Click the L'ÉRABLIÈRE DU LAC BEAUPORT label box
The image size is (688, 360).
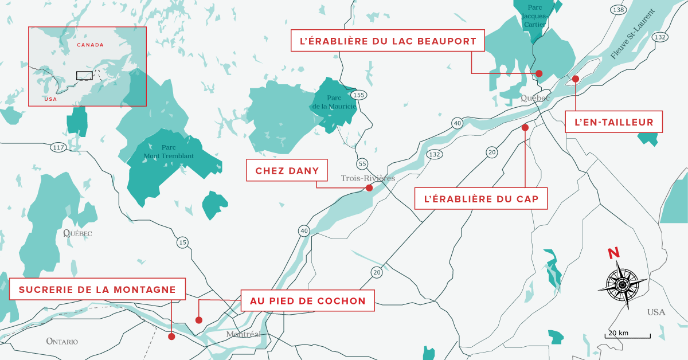pos(388,41)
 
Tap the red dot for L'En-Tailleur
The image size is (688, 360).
pos(576,79)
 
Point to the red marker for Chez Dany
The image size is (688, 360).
pos(369,188)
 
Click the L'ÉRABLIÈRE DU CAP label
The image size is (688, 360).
pos(480,199)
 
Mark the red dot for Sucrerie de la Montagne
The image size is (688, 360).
pos(171,336)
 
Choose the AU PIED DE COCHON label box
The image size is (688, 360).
pos(307,300)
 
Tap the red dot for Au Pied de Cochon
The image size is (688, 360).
pos(199,320)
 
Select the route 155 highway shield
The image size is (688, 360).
pos(359,95)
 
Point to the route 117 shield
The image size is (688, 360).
pos(57,147)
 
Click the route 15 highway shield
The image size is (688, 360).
pos(182,242)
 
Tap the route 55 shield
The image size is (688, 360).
pos(362,163)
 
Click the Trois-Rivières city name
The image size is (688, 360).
pos(368,178)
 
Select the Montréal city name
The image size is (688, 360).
pos(244,334)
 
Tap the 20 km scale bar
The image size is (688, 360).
pos(627,335)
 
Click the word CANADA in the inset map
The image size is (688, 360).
pos(90,45)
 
